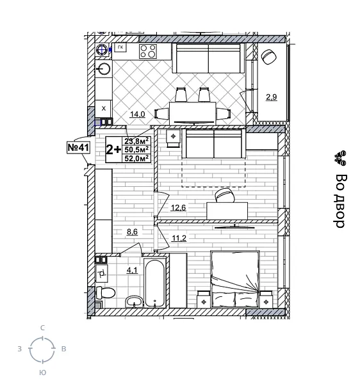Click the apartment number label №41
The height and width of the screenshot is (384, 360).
[78, 148]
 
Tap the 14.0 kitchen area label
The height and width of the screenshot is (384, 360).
[138, 115]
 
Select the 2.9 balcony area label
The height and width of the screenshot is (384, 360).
[271, 97]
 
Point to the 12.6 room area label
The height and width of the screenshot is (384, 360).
[177, 207]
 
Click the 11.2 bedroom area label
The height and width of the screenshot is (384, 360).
[178, 239]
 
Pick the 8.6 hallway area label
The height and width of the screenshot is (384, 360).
[133, 232]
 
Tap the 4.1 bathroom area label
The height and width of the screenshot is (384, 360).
[133, 270]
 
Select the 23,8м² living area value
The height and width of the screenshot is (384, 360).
[136, 142]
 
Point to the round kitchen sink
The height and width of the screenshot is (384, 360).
[103, 68]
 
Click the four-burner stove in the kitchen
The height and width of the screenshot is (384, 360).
[148, 51]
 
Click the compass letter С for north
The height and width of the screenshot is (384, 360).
[42, 328]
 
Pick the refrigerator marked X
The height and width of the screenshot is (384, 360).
[103, 108]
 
